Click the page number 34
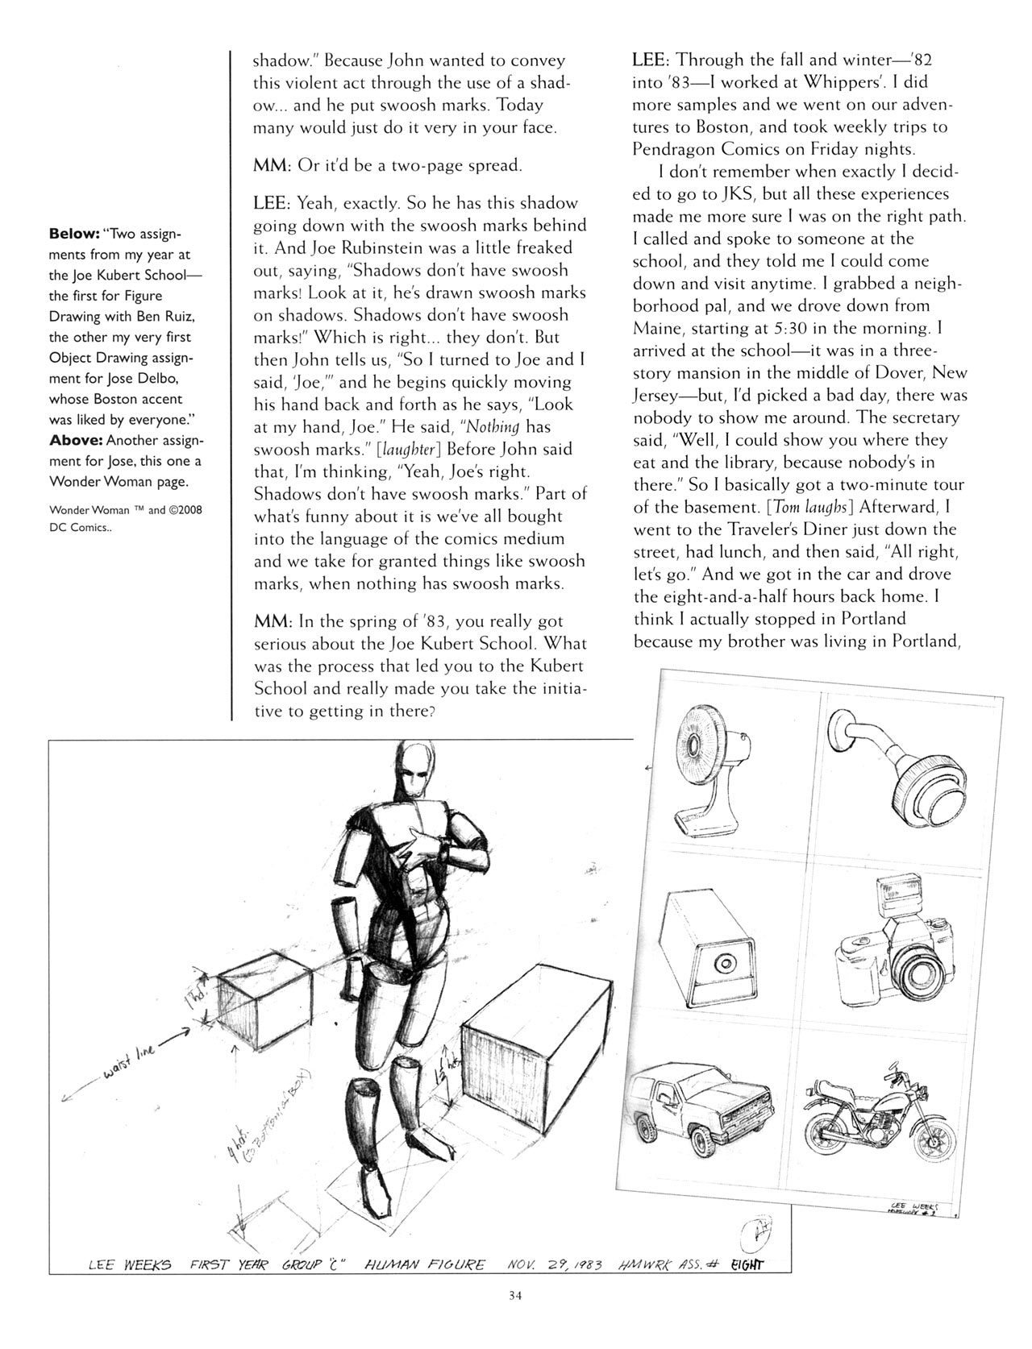(516, 1319)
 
